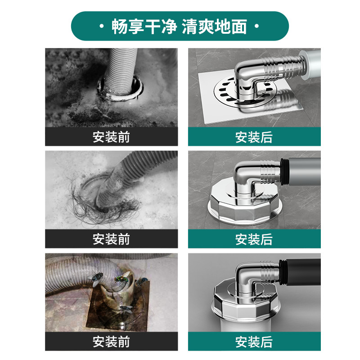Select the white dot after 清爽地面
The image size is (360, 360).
tap(256, 27)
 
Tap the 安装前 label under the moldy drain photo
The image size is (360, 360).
tap(111, 137)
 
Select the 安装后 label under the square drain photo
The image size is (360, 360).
tap(254, 137)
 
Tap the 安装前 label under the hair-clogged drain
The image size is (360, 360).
tap(111, 239)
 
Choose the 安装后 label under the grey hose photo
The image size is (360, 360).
tap(254, 239)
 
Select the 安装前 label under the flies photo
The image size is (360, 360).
tap(111, 342)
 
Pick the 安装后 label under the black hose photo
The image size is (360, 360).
tap(254, 342)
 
